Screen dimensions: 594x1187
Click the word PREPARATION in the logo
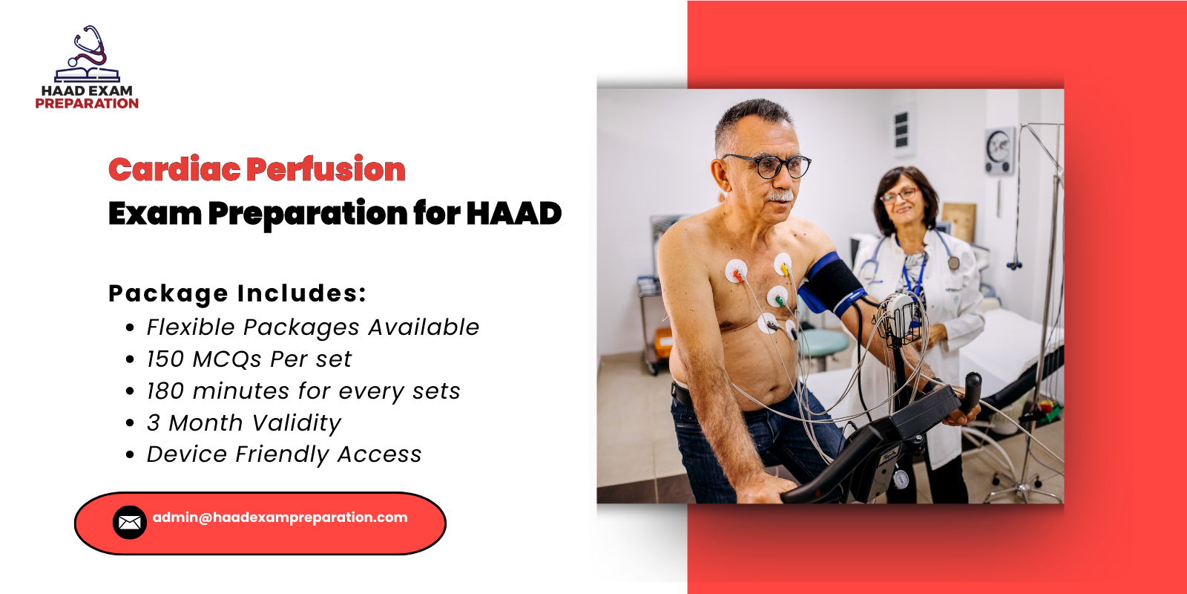pos(87,104)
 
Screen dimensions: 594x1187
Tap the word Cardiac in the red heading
pos(174,170)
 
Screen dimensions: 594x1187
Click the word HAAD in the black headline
pos(513,214)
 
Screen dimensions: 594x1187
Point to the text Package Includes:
pos(237,293)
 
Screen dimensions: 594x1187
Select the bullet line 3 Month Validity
pos(243,423)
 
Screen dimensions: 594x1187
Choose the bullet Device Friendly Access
pos(283,454)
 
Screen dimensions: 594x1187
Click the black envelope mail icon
pos(129,523)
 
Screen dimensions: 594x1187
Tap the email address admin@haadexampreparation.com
pos(280,518)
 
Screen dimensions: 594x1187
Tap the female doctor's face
pos(901,199)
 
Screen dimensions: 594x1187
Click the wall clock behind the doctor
pos(999,148)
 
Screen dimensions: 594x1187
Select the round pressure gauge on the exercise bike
pos(900,479)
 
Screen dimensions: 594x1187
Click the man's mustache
pos(780,197)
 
